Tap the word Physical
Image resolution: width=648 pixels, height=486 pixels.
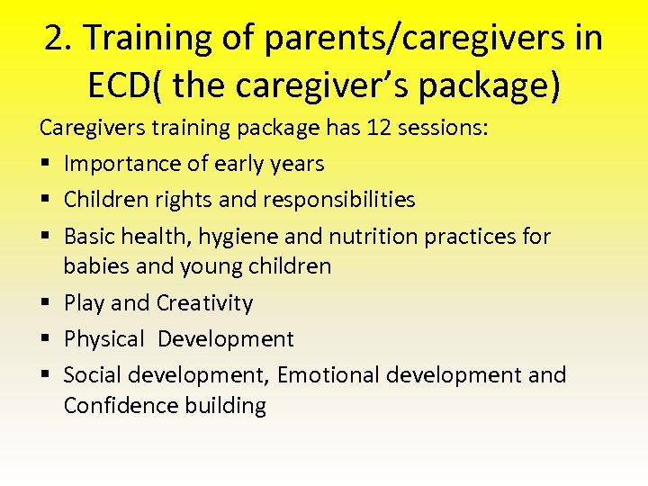click(x=104, y=339)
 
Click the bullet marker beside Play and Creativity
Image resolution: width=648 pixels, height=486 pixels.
click(x=45, y=303)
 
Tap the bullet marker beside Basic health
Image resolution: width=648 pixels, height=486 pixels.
click(x=45, y=237)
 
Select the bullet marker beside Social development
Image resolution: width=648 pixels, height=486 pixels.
click(x=45, y=375)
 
